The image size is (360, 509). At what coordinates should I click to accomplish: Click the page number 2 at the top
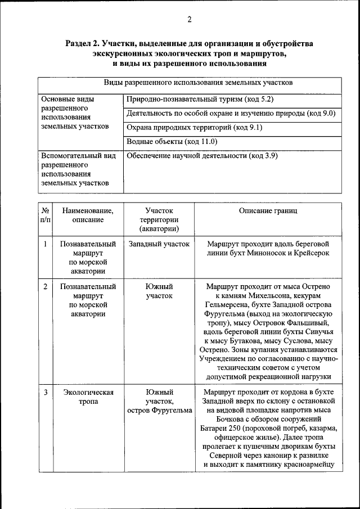coord(190,20)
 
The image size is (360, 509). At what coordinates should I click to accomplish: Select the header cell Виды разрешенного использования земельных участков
coord(190,83)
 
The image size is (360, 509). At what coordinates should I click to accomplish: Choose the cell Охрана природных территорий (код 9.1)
coord(194,128)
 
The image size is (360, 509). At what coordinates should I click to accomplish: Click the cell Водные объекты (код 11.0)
coord(172,142)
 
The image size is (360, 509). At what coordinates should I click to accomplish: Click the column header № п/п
coord(45,215)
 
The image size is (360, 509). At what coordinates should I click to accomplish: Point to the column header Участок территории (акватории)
coord(159,219)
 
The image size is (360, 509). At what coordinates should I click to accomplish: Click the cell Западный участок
coord(159,244)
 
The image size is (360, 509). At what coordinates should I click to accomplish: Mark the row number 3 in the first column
coord(45,392)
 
